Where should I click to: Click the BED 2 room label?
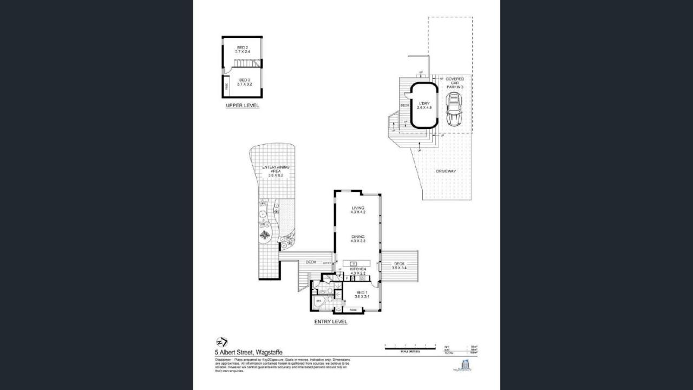point(243,49)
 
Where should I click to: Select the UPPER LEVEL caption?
point(242,106)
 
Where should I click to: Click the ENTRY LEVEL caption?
point(331,322)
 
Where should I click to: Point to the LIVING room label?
point(358,210)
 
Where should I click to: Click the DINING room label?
point(358,238)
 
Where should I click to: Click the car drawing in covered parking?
point(453,109)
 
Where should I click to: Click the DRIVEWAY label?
point(446,171)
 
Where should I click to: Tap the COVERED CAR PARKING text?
point(454,82)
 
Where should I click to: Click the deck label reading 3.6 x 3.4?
point(399,265)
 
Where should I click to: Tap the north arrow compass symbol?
point(221,342)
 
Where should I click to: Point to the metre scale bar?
point(410,348)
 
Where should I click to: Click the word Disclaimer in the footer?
point(224,359)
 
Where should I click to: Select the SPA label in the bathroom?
point(319,300)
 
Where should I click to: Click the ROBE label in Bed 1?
point(353,310)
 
